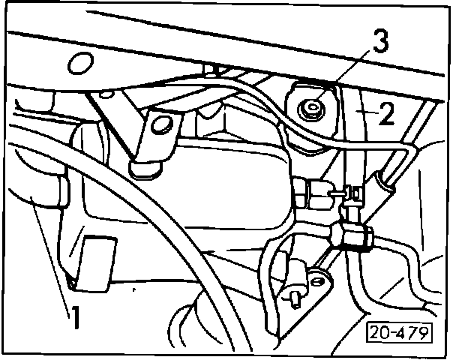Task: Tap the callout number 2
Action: point(386,114)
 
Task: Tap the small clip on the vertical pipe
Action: point(350,196)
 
